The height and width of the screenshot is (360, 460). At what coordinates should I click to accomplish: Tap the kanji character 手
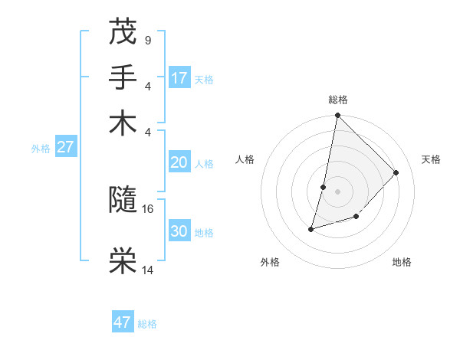[x=123, y=77]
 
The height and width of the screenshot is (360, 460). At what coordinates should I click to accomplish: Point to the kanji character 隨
[x=123, y=201]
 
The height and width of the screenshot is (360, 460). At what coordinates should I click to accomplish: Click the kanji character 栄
[x=123, y=261]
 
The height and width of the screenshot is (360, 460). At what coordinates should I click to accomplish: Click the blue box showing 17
[x=179, y=77]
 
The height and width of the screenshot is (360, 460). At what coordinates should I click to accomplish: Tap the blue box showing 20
[x=179, y=162]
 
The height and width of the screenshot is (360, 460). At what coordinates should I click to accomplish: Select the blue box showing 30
[x=179, y=231]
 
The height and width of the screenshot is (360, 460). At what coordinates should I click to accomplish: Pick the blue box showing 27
[x=65, y=147]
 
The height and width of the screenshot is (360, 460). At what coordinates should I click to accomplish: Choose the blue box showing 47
[x=123, y=322]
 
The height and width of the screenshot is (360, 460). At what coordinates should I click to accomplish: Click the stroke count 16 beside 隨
[x=149, y=208]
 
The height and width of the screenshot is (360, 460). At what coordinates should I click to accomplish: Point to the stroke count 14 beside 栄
[x=149, y=270]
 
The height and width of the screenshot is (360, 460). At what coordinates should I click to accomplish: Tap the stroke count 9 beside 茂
[x=147, y=39]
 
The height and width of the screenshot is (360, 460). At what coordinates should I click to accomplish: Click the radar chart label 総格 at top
[x=338, y=100]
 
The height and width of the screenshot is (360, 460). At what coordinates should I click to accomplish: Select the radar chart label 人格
[x=245, y=159]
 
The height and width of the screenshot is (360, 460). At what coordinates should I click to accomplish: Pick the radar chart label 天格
[x=432, y=159]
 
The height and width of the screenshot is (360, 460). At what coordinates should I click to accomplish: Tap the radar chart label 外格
[x=270, y=262]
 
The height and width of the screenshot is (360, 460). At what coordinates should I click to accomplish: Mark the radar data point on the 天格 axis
[x=396, y=172]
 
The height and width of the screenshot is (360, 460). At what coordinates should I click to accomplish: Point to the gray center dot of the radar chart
[x=338, y=191]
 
